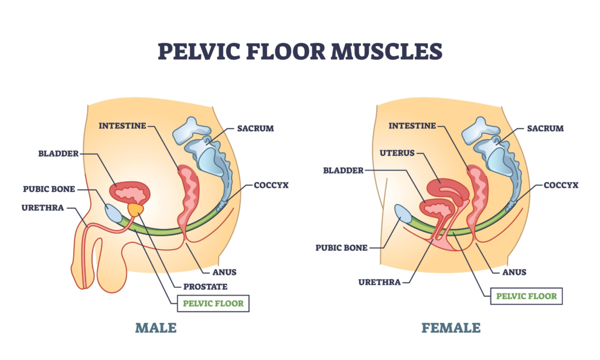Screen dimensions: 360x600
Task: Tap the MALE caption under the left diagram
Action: tap(155, 327)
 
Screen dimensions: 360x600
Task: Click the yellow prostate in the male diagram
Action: tap(136, 208)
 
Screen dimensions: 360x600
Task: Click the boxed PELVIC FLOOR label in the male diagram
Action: tap(214, 304)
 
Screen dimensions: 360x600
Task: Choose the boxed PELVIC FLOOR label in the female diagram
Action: tap(526, 296)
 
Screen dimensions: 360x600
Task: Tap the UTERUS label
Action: tap(396, 153)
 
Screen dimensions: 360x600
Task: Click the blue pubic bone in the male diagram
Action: tap(115, 212)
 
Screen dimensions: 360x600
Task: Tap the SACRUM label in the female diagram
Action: tap(545, 128)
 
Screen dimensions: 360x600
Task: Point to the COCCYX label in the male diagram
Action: tap(271, 185)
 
